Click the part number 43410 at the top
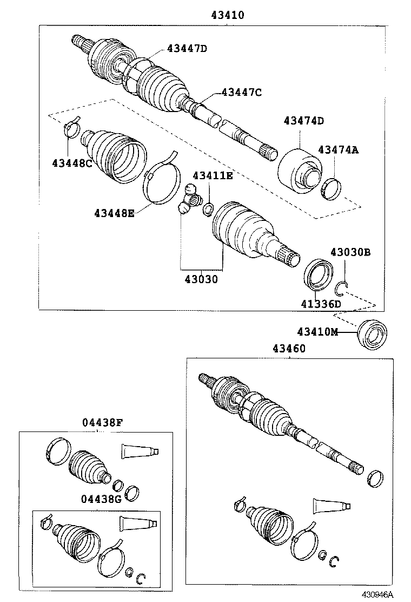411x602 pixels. [x=228, y=16]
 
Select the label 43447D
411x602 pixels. [x=187, y=49]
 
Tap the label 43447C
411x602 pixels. [x=241, y=93]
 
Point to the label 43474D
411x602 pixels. [x=303, y=120]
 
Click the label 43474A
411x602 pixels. [x=338, y=149]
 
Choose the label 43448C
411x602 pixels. [x=72, y=163]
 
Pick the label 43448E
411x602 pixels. [x=114, y=213]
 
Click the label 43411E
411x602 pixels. [x=213, y=175]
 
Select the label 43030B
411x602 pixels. [x=350, y=252]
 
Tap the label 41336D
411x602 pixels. [x=322, y=304]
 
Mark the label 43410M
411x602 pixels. [x=317, y=331]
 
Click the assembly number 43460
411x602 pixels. [x=285, y=349]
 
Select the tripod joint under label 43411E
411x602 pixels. [x=189, y=201]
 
